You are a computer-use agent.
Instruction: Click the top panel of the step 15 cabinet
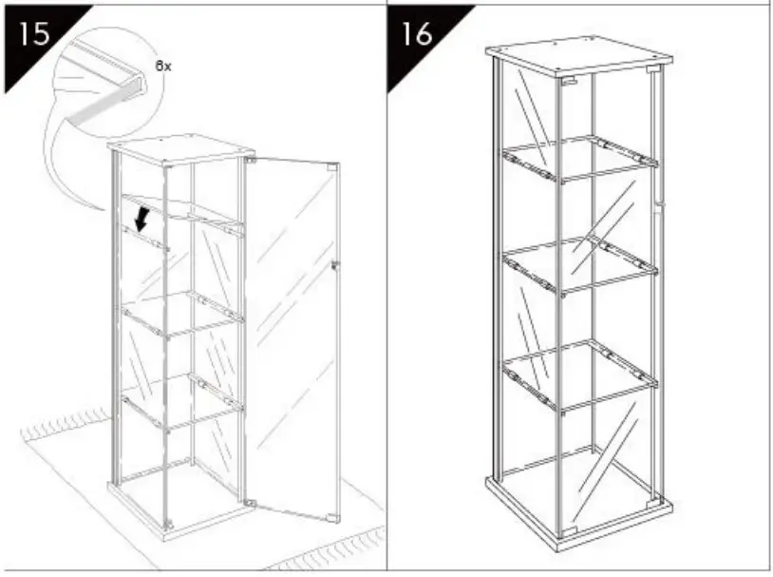180,149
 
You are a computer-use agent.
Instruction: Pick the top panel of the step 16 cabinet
575,58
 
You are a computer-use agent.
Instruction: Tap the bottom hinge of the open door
250,501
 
